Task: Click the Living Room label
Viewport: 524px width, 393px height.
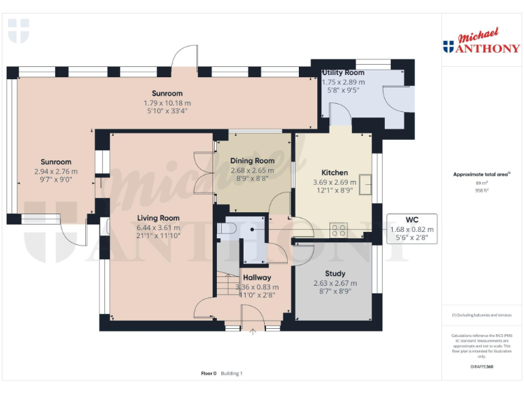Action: pos(158,218)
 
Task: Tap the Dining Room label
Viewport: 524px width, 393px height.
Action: pos(252,161)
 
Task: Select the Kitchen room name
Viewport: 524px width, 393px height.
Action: pos(334,173)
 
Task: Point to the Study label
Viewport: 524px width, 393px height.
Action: pos(335,274)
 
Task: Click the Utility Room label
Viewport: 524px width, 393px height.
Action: pos(343,72)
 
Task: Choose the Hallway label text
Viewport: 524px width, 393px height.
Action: pos(257,278)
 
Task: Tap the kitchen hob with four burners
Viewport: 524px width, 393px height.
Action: pos(338,230)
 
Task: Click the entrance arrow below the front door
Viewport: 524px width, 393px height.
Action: pos(253,332)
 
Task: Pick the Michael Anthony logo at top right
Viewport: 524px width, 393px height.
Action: pos(481,42)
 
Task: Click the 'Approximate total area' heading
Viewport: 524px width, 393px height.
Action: pos(481,175)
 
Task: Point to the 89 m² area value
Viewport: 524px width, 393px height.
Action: pos(481,184)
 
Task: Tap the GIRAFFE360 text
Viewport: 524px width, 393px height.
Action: pos(481,367)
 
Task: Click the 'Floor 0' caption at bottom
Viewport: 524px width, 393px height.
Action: pos(208,373)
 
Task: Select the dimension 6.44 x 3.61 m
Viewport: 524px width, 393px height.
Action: pos(158,228)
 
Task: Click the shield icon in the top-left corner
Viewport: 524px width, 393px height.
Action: pos(18,31)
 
